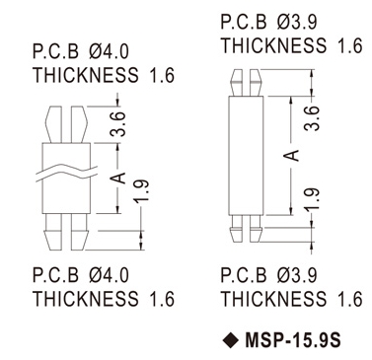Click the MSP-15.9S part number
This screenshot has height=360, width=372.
point(293,339)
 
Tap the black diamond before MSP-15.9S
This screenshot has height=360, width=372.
point(231,339)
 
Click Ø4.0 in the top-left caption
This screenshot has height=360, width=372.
point(109,52)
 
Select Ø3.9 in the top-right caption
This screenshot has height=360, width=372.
point(297,23)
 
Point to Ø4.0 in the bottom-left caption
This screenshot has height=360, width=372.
point(109,275)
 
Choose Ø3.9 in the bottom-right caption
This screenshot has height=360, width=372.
point(297,275)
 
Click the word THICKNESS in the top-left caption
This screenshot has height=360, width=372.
point(86,75)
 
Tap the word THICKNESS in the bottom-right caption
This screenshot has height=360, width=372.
point(273,299)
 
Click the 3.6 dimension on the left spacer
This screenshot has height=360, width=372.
point(118,123)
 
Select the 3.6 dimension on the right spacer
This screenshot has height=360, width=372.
point(312,118)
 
